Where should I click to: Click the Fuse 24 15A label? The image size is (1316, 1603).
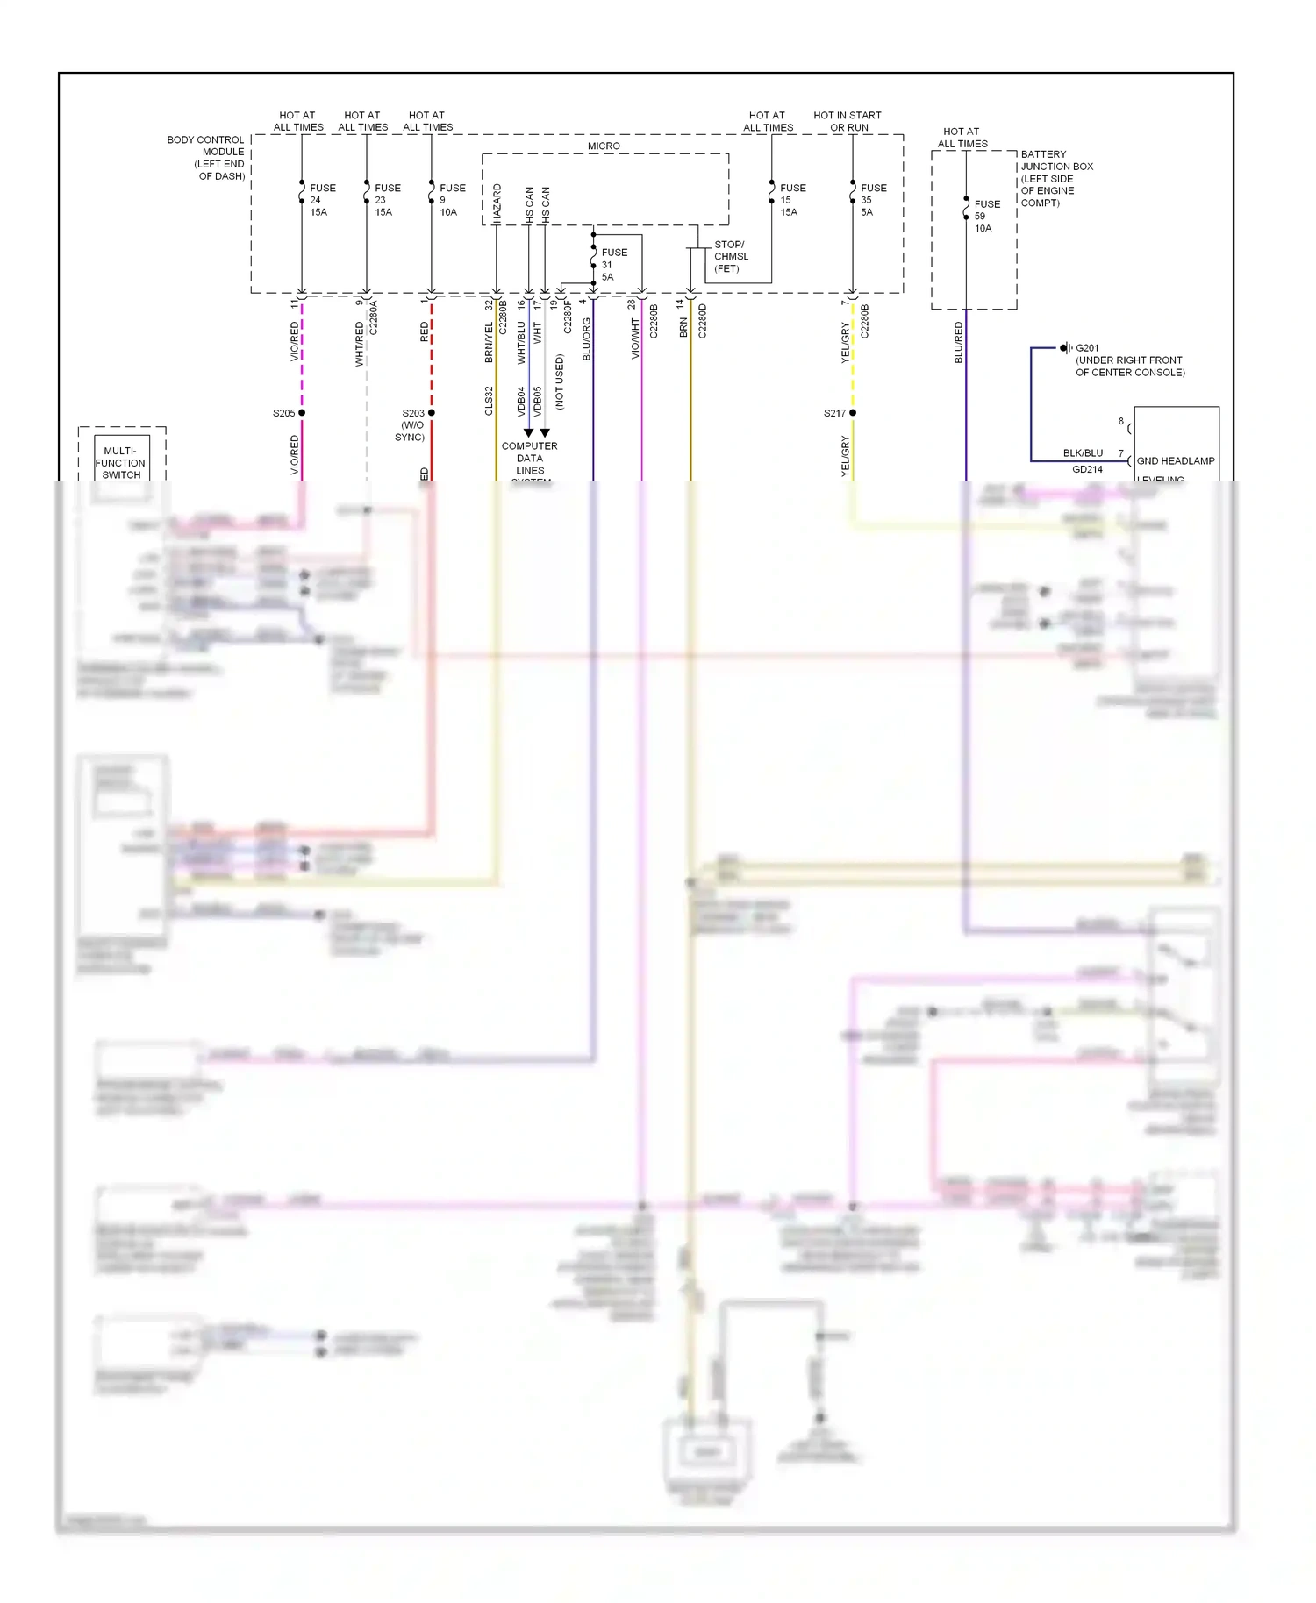point(322,200)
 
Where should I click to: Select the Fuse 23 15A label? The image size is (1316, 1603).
point(387,200)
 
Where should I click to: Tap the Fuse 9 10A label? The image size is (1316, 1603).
point(452,200)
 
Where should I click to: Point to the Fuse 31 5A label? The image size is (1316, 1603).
point(613,265)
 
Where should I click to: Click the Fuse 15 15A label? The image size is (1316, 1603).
point(792,200)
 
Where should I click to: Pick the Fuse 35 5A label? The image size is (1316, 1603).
point(873,200)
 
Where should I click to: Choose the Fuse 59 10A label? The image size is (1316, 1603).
point(986,216)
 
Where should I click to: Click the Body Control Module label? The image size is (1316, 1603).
point(206,158)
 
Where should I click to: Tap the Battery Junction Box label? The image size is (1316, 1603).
point(1056,178)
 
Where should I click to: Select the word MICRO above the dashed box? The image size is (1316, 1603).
point(604,146)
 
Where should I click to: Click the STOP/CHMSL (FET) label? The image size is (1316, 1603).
point(731,257)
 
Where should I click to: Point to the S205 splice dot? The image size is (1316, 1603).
point(302,413)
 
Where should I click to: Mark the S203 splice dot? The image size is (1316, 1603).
point(432,413)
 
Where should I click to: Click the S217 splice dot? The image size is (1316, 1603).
point(853,413)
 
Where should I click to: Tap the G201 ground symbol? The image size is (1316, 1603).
point(1064,348)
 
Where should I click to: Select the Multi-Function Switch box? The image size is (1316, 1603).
point(121,462)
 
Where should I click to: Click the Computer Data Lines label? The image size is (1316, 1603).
point(530,459)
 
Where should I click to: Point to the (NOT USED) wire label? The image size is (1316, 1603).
point(560,381)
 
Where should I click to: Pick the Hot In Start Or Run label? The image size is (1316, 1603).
point(848,121)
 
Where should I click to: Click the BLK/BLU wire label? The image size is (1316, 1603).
point(1083,453)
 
